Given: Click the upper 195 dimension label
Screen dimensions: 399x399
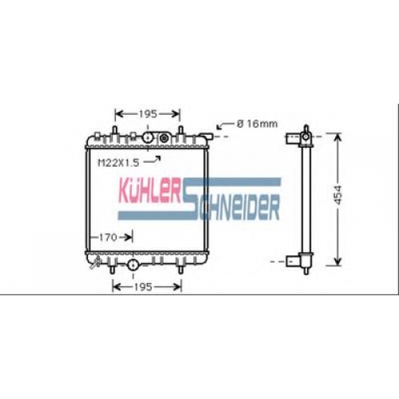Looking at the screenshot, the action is tap(148, 114).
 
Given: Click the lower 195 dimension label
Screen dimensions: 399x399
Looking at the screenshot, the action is tap(143, 287).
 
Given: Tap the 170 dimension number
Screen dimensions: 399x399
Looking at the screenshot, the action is tap(108, 237).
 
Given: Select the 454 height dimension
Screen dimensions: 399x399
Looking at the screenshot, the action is tap(338, 195).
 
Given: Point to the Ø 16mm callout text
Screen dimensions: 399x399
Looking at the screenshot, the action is tap(257, 124).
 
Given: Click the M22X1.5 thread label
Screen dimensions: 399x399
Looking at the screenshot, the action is tap(119, 163).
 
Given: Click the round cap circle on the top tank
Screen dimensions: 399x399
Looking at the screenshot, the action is tap(148, 137).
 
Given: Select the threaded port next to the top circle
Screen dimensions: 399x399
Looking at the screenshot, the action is tap(164, 138).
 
